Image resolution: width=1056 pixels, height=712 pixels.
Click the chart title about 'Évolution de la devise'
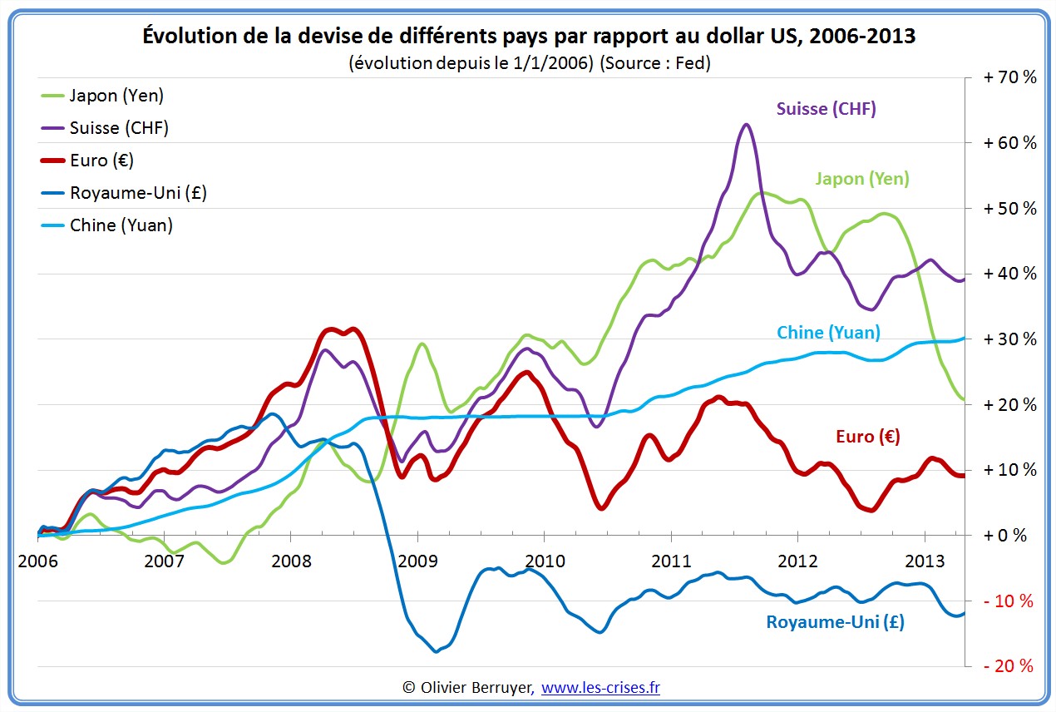click(529, 37)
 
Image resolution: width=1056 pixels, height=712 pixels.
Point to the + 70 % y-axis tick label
click(1009, 77)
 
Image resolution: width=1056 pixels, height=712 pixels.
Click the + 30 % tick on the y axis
click(1009, 339)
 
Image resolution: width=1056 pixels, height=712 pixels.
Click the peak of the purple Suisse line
click(746, 125)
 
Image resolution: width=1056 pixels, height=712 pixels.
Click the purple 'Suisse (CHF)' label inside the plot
click(826, 109)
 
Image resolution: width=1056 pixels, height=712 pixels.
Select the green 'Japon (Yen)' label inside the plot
click(862, 179)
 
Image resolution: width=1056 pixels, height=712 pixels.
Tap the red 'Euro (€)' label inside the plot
click(868, 437)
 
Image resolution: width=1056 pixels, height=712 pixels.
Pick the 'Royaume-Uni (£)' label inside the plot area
click(835, 622)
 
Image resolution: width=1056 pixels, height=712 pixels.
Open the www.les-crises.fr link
click(600, 687)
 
